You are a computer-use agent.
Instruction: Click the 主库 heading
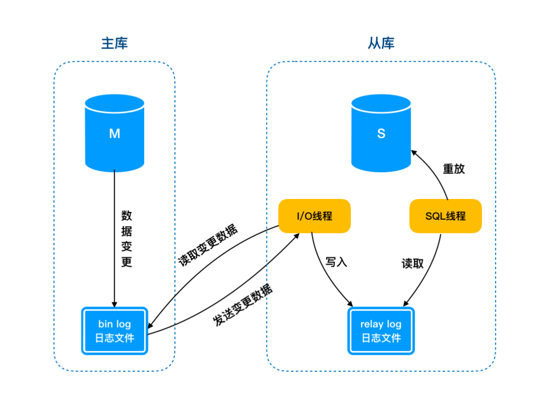tap(115, 43)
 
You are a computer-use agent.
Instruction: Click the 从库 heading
tap(381, 43)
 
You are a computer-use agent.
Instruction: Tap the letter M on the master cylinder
tap(115, 133)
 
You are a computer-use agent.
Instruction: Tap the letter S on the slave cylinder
tap(381, 133)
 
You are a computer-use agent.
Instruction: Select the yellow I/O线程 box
tap(314, 216)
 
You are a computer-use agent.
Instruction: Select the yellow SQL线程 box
tap(445, 216)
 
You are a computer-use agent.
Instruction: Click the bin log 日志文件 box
tap(115, 331)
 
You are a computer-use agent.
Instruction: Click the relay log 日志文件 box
tap(381, 331)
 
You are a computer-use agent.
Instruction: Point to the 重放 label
tap(453, 169)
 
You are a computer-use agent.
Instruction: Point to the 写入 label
tap(336, 262)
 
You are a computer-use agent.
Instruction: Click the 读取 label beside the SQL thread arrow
tap(413, 264)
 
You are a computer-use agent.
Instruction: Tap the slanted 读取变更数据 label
tap(208, 245)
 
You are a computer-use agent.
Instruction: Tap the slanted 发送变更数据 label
tap(243, 305)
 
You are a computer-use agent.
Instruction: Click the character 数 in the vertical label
tap(126, 216)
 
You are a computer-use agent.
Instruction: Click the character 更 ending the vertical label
tap(126, 262)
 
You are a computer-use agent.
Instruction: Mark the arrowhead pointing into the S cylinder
tap(414, 152)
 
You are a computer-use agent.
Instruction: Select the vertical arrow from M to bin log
tap(114, 238)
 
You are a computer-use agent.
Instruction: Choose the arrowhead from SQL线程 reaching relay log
tap(406, 303)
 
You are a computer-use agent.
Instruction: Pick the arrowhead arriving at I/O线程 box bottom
tap(296, 236)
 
